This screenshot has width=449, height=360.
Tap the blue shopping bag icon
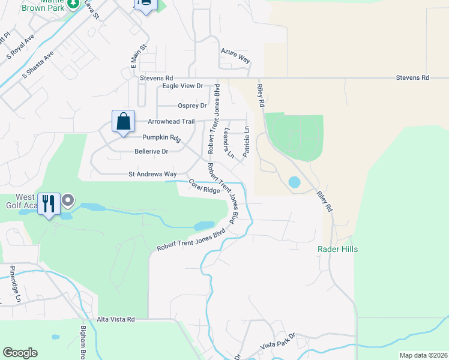coord(123,121)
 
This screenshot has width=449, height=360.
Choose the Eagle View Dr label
coord(183,86)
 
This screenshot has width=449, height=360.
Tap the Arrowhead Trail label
coord(171,121)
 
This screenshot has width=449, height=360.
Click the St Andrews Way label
coord(152,175)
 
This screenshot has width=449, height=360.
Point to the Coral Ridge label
coord(205,187)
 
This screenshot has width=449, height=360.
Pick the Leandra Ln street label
coord(229,142)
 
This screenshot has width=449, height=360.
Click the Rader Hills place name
coord(337,249)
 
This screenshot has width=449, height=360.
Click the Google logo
coord(20,353)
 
